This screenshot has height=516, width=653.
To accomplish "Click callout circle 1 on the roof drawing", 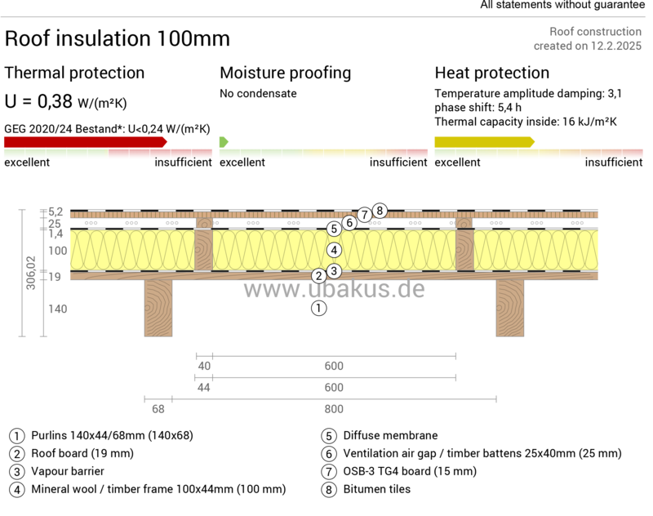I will pos(318,309).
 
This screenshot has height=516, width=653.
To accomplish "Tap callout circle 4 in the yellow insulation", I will pos(333,250).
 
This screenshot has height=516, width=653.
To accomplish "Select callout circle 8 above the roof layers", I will pos(379,211).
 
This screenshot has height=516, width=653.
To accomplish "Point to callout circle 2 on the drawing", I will pos(318,276).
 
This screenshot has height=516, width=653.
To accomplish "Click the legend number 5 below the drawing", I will pos(329,436).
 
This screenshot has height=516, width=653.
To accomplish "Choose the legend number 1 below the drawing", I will pos(16,436).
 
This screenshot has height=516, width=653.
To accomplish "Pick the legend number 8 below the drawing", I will pos(329,491).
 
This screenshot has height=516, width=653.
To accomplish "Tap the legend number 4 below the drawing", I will pos(16,491).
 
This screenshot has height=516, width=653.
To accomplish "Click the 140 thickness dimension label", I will pos(57,309).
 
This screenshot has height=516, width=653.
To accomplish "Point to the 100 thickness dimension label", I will pos(57,251).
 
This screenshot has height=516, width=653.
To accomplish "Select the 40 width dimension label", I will pos(203,365).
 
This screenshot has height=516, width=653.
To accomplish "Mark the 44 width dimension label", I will pos(203,387).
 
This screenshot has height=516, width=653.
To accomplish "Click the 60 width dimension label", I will pos(158,409).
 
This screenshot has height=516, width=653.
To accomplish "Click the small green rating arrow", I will pos(224,141).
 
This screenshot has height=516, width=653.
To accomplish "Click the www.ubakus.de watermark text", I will pos(334,290).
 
